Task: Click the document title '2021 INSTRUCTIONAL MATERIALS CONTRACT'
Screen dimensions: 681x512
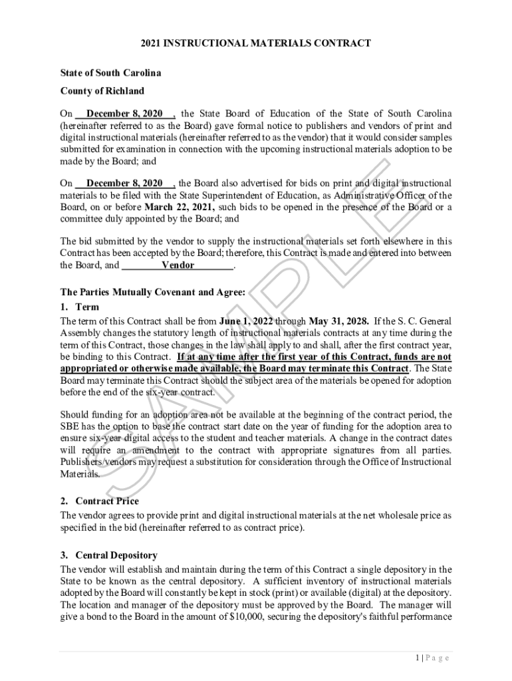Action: pos(255,43)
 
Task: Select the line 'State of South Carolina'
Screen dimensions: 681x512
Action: pos(110,72)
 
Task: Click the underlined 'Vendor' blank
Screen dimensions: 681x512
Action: pos(178,265)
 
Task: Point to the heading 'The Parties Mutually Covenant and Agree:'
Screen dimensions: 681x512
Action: pos(153,292)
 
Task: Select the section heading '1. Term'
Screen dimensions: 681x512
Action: pos(79,307)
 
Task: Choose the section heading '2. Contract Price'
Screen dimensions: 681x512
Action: pos(100,501)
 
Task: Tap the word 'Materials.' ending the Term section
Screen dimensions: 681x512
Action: pos(80,474)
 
